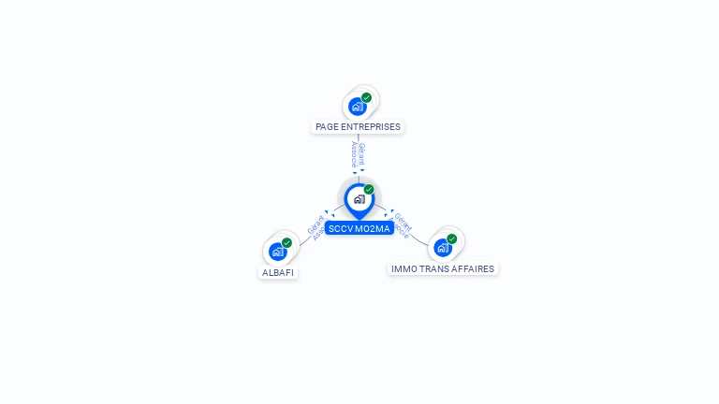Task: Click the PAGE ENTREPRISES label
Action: tap(358, 127)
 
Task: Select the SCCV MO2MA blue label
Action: tap(359, 228)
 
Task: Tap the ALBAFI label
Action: tap(278, 273)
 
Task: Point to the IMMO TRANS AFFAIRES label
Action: tap(443, 269)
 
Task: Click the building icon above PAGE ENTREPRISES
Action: tap(357, 107)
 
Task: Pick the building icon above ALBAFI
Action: tap(277, 252)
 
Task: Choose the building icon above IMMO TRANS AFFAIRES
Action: tap(442, 248)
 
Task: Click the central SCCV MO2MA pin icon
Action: tap(359, 198)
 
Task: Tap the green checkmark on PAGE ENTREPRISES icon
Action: tap(366, 97)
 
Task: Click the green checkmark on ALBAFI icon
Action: tap(286, 243)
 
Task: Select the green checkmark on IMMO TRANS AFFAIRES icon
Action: tap(451, 239)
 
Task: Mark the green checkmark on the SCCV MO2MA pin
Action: tap(369, 190)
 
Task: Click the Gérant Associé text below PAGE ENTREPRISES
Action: tap(358, 154)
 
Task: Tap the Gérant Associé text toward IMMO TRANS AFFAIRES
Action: tap(401, 225)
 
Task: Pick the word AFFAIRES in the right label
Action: tap(474, 269)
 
